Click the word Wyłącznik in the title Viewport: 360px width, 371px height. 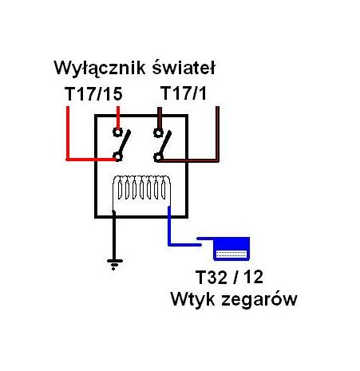coord(100,69)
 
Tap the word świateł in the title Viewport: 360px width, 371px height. coord(184,67)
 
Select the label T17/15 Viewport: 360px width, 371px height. coord(93,93)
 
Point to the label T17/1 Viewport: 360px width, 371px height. coord(184,93)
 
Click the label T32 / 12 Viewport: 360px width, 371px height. coord(229,277)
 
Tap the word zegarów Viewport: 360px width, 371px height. coord(259,300)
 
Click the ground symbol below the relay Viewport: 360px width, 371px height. coord(115,264)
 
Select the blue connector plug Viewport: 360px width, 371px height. coord(231,248)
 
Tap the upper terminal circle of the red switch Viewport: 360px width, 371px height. coord(117,132)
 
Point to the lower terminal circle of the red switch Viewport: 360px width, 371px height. coord(117,156)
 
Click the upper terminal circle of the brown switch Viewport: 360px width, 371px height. coord(158,132)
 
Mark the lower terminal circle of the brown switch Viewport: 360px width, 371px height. coord(158,157)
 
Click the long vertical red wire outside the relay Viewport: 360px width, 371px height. coord(68,133)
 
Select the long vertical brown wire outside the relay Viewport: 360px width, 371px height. coord(217,134)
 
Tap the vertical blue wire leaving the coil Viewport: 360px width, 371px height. coord(169,226)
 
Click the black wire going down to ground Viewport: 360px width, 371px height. coord(114,235)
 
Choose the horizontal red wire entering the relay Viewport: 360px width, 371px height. coord(91,160)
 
